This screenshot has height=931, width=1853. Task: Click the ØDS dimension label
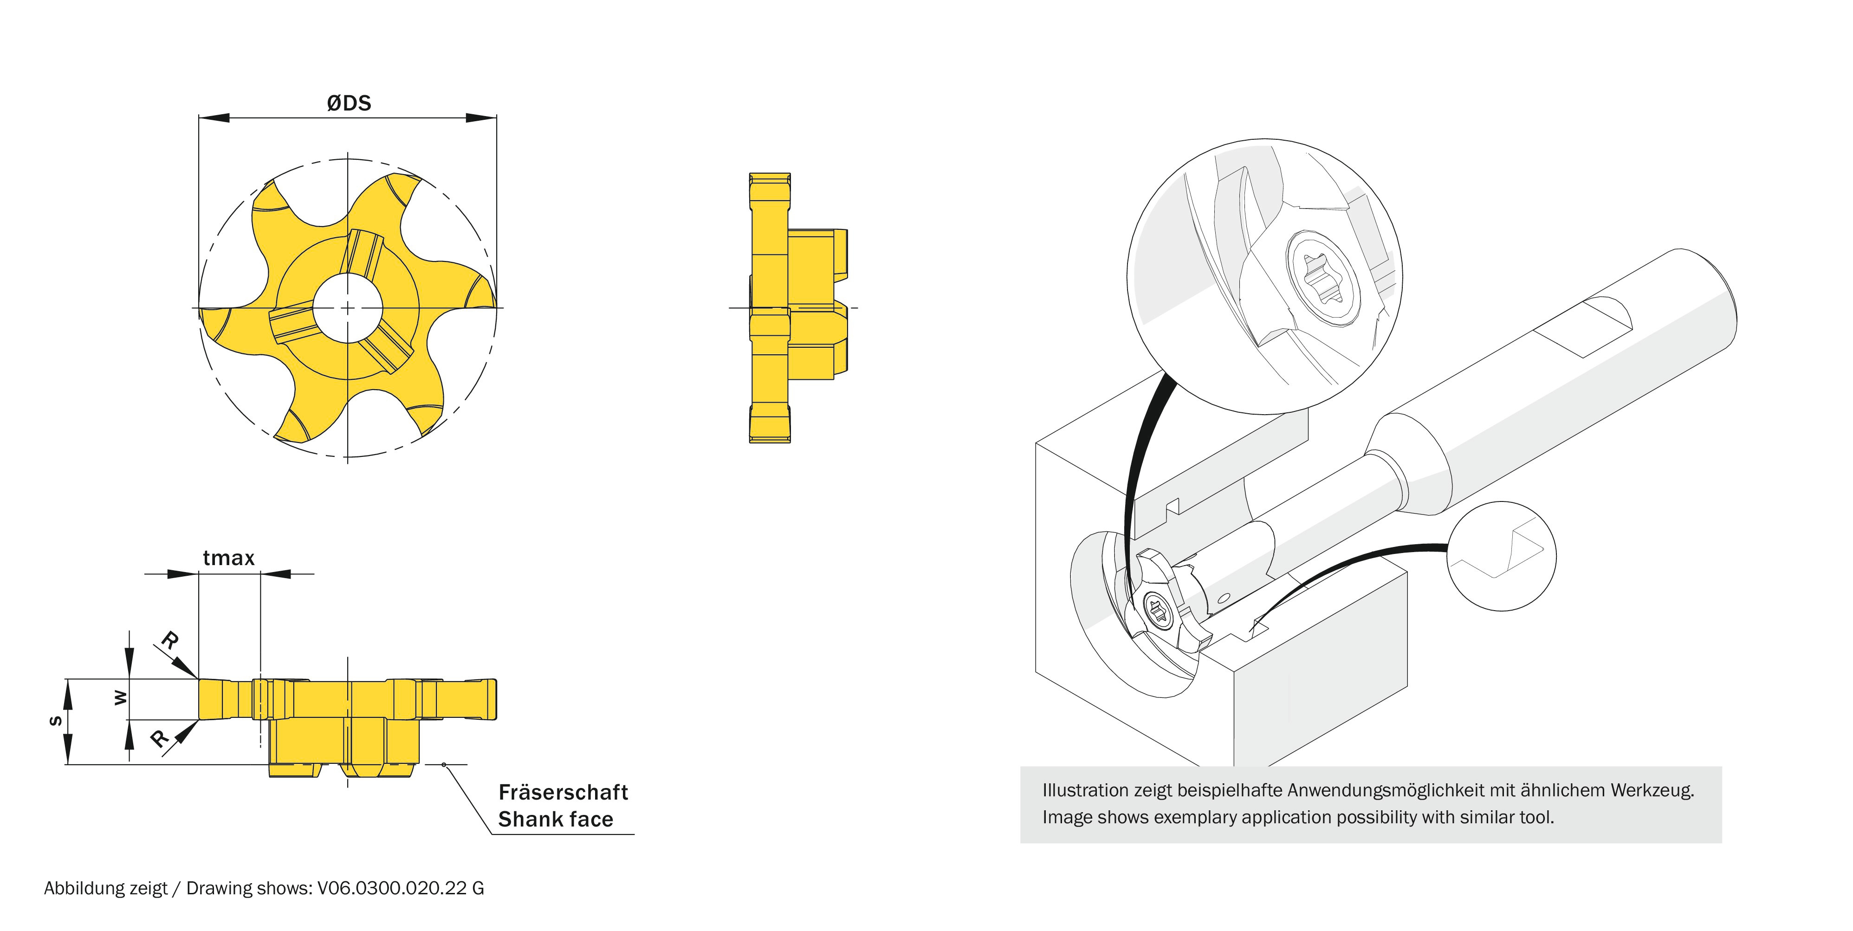point(349,104)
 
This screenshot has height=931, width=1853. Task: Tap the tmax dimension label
point(229,558)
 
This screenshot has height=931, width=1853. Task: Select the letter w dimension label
point(121,697)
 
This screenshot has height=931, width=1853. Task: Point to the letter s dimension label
point(55,721)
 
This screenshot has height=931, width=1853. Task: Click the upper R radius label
point(170,639)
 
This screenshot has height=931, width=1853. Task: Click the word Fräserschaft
point(563,792)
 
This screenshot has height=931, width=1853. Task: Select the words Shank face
point(555,820)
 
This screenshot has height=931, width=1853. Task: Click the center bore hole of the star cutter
point(347,308)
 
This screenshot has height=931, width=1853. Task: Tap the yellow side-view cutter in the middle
point(788,308)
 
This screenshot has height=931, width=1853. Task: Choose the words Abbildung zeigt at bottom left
point(105,889)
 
